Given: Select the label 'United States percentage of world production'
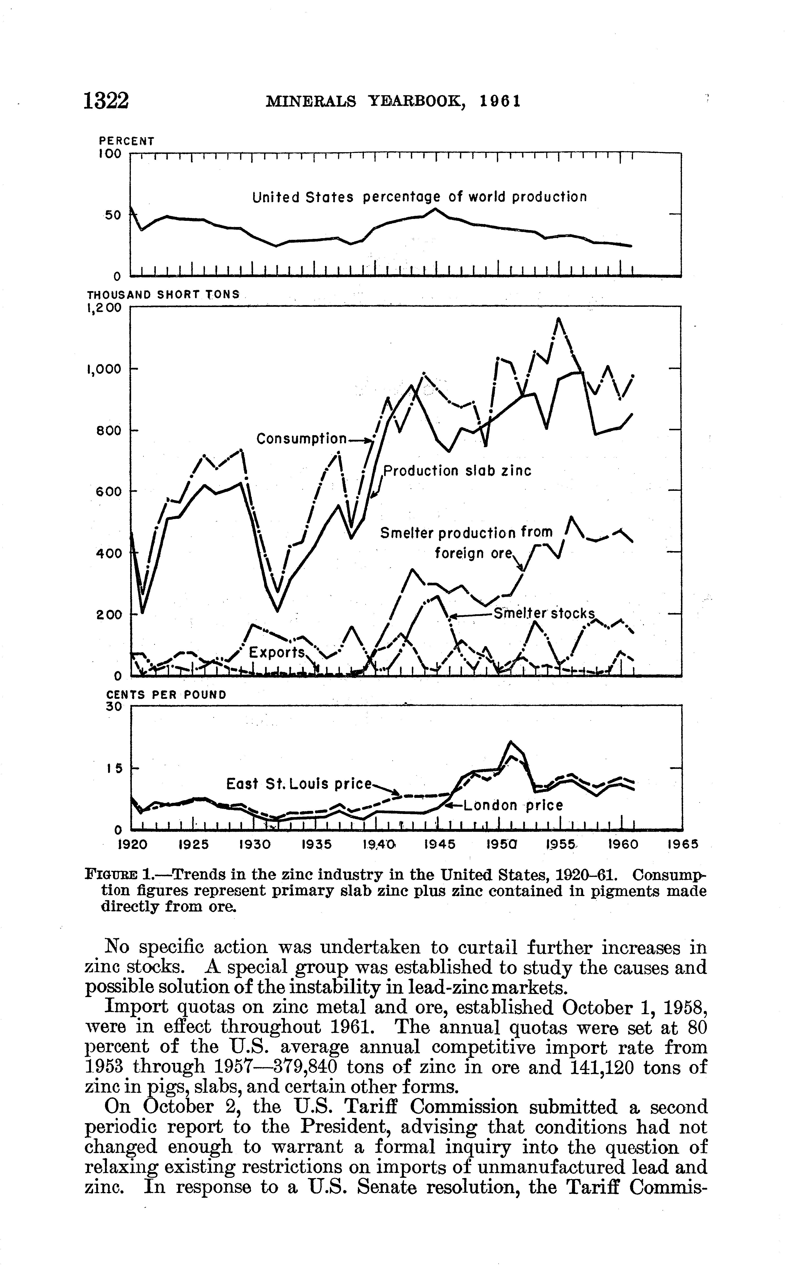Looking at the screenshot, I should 419,197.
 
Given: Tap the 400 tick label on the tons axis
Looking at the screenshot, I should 109,553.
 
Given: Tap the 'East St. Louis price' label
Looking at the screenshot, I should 299,784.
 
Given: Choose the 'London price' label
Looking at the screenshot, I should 513,805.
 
